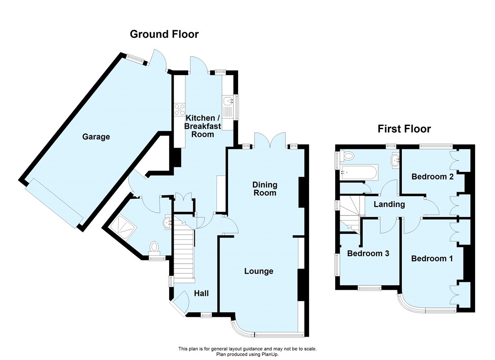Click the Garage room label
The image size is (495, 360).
96,137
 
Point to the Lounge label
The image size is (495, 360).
259,271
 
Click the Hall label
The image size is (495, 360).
201,293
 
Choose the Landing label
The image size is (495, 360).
389,204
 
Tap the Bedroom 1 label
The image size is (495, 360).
432,259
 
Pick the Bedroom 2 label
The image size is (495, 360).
432,176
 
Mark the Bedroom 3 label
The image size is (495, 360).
368,253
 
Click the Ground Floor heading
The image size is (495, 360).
164,34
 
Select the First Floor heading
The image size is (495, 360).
404,129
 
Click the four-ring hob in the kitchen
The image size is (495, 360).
180,108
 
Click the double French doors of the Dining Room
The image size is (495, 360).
270,140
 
